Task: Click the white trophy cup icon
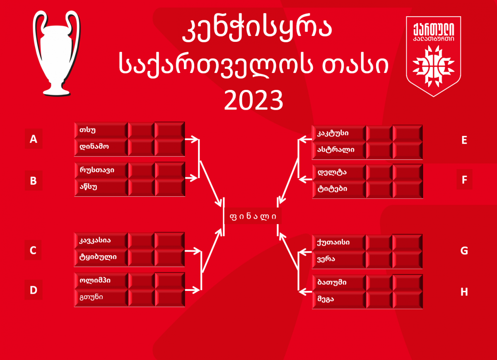point(57,53)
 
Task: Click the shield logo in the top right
point(433,56)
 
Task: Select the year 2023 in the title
point(253,100)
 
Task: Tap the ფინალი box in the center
point(253,216)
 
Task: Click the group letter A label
point(34,139)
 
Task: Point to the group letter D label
point(33,290)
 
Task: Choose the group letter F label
point(464,179)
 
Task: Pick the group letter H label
point(464,292)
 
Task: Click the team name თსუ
point(87,130)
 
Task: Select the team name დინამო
point(94,147)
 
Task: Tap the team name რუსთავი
point(97,170)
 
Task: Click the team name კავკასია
point(95,240)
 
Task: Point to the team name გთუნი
point(91,297)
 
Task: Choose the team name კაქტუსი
point(333,133)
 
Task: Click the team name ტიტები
point(332,189)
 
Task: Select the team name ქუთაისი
point(333,242)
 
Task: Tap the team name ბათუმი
point(332,282)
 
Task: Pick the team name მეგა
point(326,299)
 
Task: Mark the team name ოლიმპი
point(95,280)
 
